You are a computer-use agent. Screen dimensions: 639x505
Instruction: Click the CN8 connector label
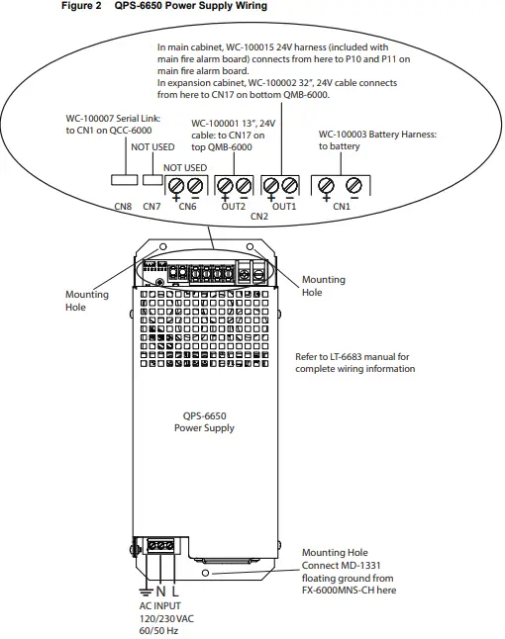pyautogui.click(x=122, y=207)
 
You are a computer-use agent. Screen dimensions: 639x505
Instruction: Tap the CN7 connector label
pyautogui.click(x=151, y=207)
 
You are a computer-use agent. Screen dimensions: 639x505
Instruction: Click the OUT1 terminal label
pyautogui.click(x=284, y=207)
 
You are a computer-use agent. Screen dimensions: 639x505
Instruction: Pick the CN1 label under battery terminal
pyautogui.click(x=341, y=207)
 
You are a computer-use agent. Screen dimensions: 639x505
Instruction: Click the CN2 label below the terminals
pyautogui.click(x=259, y=216)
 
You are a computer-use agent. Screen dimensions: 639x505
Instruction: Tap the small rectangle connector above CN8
pyautogui.click(x=123, y=181)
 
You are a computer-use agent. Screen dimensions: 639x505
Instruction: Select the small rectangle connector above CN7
pyautogui.click(x=151, y=181)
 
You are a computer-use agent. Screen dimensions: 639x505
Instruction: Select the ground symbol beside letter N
pyautogui.click(x=147, y=589)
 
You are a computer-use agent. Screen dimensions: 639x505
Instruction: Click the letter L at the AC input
pyautogui.click(x=175, y=590)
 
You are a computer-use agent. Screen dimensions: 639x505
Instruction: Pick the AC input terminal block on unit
pyautogui.click(x=160, y=545)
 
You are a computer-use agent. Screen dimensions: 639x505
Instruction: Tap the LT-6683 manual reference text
pyautogui.click(x=354, y=362)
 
